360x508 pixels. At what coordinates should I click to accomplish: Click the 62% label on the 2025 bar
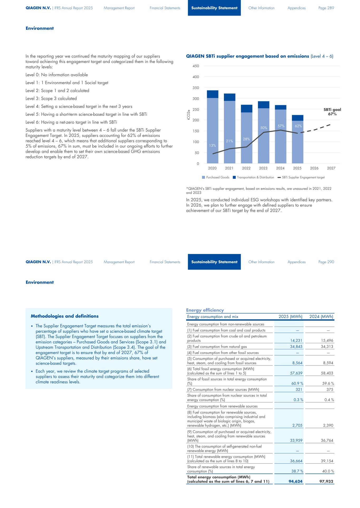pyautogui.click(x=298, y=126)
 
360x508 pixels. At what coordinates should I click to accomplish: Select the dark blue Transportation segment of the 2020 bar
pyautogui.click(x=213, y=94)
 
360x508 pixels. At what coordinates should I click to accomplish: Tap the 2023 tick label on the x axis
pyautogui.click(x=263, y=168)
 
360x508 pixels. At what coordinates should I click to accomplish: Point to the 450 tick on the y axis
pyautogui.click(x=195, y=66)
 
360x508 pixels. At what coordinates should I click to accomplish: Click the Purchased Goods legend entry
pyautogui.click(x=216, y=177)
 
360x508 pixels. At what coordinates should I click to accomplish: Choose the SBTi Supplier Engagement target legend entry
pyautogui.click(x=301, y=177)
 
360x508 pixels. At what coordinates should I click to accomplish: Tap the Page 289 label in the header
pyautogui.click(x=326, y=8)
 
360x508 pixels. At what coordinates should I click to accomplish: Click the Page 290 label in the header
pyautogui.click(x=326, y=262)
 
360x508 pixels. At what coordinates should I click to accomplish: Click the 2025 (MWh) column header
pyautogui.click(x=290, y=316)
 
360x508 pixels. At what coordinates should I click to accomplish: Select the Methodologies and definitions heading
pyautogui.click(x=65, y=316)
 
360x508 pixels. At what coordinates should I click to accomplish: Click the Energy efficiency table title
pyautogui.click(x=205, y=310)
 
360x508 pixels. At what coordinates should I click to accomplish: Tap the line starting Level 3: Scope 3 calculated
pyautogui.click(x=51, y=99)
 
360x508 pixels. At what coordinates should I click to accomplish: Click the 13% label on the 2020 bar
pyautogui.click(x=213, y=145)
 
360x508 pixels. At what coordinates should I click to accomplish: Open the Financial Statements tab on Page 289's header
pyautogui.click(x=165, y=8)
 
